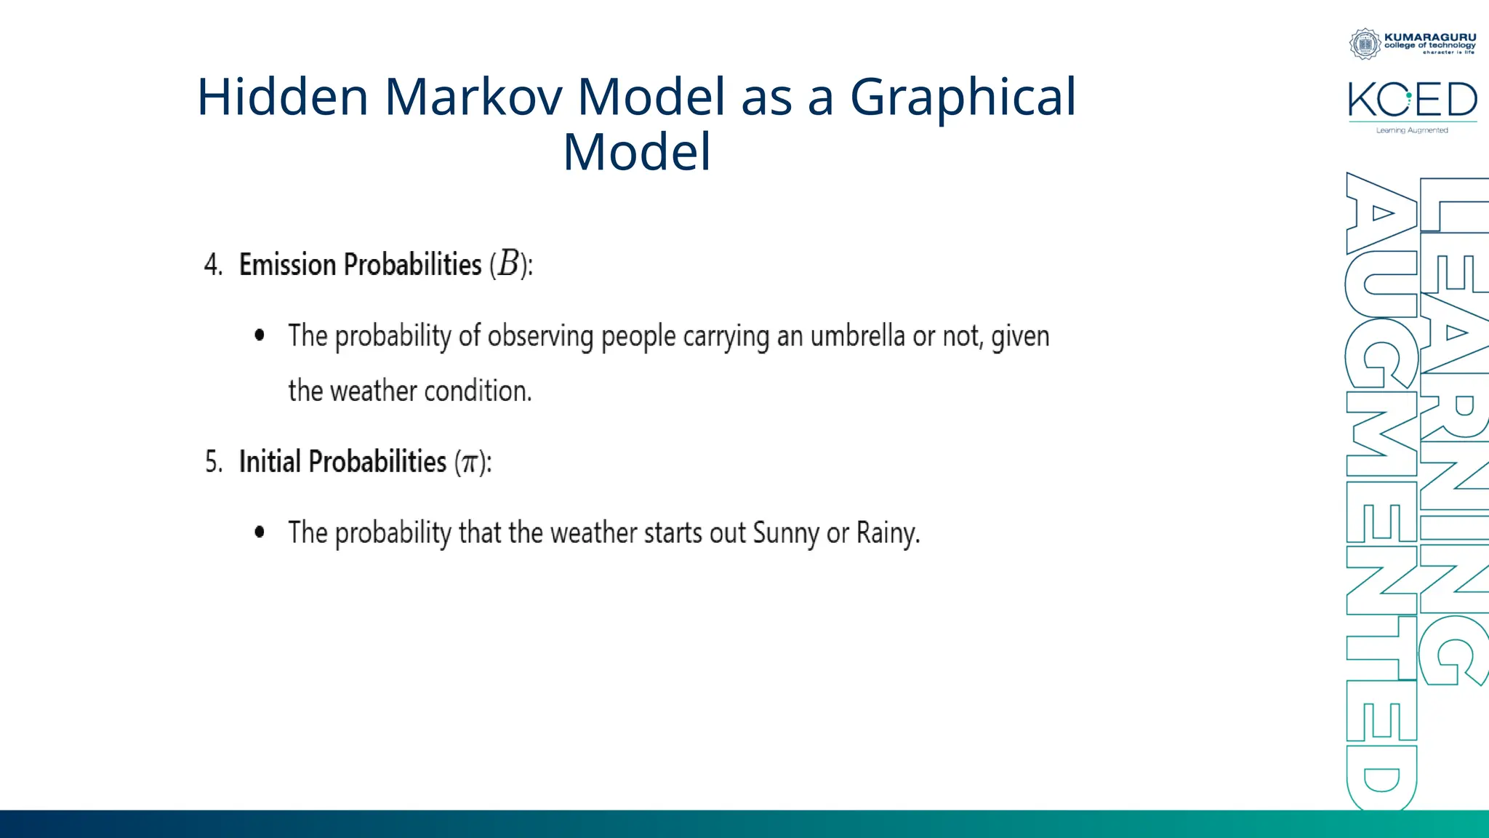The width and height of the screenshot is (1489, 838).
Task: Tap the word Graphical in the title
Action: click(962, 97)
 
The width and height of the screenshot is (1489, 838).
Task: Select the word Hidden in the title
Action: click(283, 97)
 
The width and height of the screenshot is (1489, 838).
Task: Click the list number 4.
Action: click(212, 265)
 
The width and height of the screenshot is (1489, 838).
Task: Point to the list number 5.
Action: click(212, 462)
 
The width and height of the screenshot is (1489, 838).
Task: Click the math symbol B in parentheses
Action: click(509, 264)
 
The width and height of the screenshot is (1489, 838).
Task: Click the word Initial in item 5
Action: click(270, 462)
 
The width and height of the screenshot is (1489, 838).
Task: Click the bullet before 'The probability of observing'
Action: click(260, 335)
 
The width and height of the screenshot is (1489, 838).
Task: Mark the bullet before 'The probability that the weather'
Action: click(260, 532)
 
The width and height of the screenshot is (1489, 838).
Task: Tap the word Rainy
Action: click(887, 533)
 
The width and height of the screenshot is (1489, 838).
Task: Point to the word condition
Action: click(478, 391)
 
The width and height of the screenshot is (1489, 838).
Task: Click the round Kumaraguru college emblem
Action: click(1365, 44)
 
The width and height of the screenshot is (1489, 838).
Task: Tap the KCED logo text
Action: click(1412, 100)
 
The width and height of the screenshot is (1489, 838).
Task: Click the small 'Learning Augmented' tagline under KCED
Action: click(1411, 131)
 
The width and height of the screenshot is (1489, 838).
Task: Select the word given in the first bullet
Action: click(1020, 337)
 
